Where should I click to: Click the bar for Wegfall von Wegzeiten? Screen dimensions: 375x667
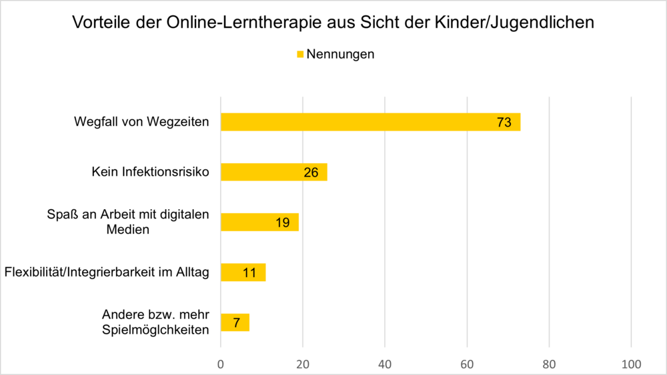click(x=370, y=122)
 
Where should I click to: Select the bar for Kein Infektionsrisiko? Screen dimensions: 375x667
click(x=273, y=172)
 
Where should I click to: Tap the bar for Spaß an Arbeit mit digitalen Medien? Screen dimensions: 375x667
click(x=259, y=222)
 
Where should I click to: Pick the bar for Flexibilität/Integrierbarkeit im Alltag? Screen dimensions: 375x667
click(x=243, y=272)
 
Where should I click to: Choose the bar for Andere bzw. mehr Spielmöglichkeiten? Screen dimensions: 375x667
click(x=235, y=322)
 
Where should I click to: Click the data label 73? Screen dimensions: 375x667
click(x=504, y=122)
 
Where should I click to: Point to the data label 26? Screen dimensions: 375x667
click(x=311, y=173)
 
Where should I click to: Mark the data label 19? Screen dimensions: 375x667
click(x=283, y=222)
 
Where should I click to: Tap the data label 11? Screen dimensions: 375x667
click(x=250, y=272)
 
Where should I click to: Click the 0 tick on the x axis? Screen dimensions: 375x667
click(x=221, y=364)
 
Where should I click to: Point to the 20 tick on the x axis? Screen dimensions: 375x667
click(x=303, y=364)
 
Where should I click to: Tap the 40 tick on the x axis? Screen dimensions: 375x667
click(x=385, y=364)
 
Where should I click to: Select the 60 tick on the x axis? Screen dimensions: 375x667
click(x=467, y=364)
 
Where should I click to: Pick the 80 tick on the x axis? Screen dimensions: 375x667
click(x=549, y=364)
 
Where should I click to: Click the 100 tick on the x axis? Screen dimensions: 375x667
click(x=631, y=364)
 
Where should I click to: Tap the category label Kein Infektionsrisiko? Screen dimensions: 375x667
click(x=150, y=173)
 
